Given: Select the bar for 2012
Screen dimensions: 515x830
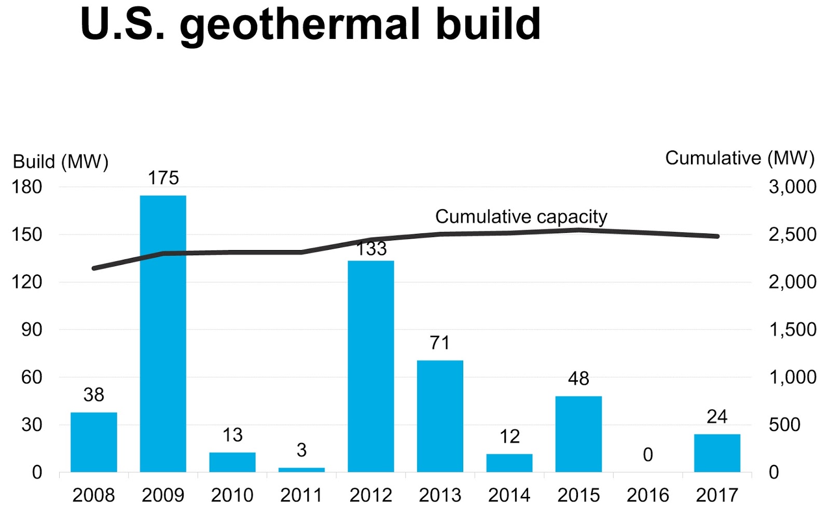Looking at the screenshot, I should coord(371,366).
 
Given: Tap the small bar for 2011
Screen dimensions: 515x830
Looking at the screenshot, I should coord(301,469).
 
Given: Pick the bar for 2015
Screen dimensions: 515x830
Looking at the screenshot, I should coord(578,434).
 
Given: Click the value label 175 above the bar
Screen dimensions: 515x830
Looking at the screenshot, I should coord(163,178).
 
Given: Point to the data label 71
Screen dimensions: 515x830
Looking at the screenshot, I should coord(440,343).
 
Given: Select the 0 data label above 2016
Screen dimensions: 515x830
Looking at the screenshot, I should coord(648,455).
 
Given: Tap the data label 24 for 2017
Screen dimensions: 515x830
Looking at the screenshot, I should coord(717,416).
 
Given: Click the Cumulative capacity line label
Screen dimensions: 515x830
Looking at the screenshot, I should coord(521,216).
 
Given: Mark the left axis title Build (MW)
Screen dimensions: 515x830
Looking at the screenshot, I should coord(60,161).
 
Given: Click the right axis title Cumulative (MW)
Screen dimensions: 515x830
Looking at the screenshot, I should coord(740,158).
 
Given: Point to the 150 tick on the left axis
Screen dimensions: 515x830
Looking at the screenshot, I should coord(27,234).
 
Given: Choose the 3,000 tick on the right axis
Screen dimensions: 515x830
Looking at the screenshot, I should coord(792,187).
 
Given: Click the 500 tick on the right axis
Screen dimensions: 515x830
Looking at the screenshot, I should coord(784,425).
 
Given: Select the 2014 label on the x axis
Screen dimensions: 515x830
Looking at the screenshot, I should coord(509,495).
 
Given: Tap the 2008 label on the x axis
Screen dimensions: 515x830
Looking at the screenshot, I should coord(93,495).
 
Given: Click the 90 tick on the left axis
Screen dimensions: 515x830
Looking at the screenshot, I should coord(32,329).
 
